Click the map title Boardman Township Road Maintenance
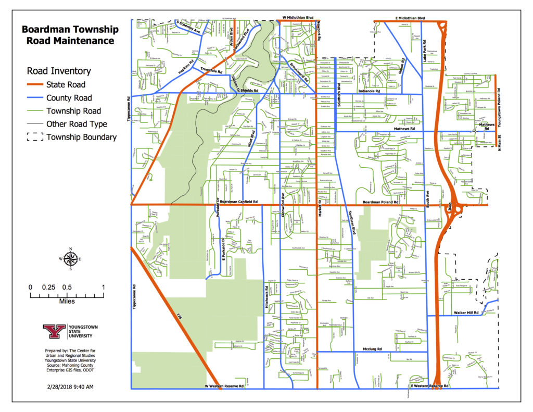pyautogui.click(x=70, y=35)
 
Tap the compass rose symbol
pyautogui.click(x=71, y=258)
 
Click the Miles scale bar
pyautogui.click(x=67, y=295)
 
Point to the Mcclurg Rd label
pyautogui.click(x=372, y=348)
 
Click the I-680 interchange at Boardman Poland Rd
pyautogui.click(x=456, y=207)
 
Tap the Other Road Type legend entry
pyautogui.click(x=77, y=124)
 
